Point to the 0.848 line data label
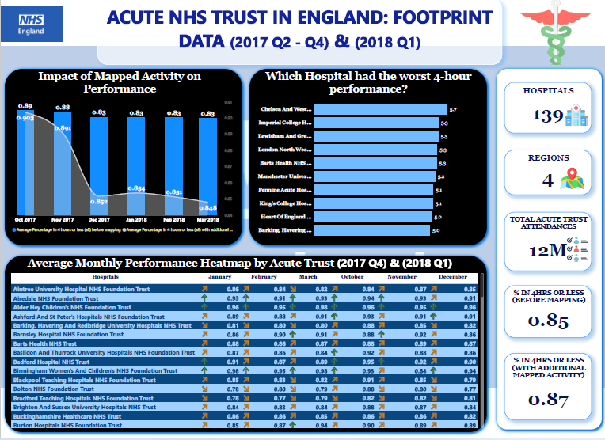point(208,207)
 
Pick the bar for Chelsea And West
point(379,108)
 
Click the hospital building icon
point(574,116)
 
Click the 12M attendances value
point(542,252)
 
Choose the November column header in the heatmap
point(402,277)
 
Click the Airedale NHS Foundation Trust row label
point(55,298)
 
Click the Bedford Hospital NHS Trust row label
point(50,361)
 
